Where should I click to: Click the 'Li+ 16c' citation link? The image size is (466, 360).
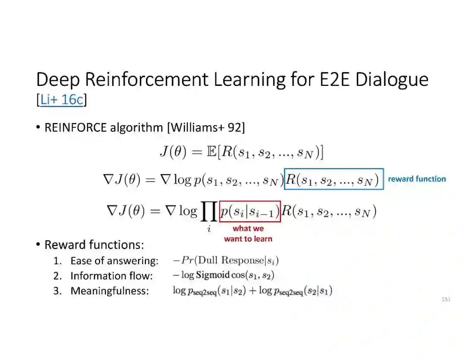61,100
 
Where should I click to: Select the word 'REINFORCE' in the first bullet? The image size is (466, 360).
76,127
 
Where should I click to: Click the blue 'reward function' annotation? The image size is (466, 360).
417,179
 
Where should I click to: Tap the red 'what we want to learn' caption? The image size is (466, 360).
248,234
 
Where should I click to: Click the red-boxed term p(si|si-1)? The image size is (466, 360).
250,212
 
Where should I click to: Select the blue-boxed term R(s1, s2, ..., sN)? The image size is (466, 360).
334,179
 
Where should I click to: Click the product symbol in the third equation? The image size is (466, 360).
209,211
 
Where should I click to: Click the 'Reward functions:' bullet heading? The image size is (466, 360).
94,245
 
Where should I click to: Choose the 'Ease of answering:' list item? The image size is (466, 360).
114,261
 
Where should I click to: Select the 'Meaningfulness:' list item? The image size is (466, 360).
110,291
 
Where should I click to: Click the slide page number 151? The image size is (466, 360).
446,299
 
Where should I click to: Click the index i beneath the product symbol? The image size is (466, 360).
209,229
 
